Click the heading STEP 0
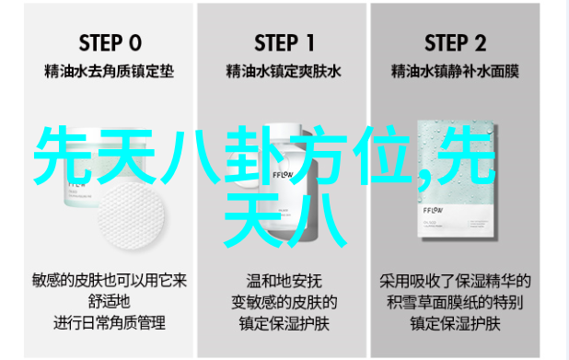click(x=110, y=43)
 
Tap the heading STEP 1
click(x=284, y=43)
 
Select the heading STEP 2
click(x=455, y=43)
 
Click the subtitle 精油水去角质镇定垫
click(x=109, y=71)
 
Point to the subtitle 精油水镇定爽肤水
click(x=284, y=71)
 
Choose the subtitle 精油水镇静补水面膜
click(x=455, y=71)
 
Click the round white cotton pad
click(x=131, y=215)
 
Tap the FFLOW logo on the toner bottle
click(x=283, y=175)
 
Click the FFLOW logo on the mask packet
click(x=433, y=211)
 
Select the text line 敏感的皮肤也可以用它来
click(x=110, y=281)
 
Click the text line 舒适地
click(x=109, y=302)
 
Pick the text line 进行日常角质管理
click(x=110, y=323)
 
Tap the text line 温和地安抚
click(x=284, y=281)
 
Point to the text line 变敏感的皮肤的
click(x=284, y=302)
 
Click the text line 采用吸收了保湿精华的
click(x=455, y=281)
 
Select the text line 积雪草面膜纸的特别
click(x=455, y=302)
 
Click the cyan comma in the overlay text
click(x=424, y=181)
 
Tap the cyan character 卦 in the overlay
click(x=253, y=155)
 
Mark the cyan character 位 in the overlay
click(x=382, y=155)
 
